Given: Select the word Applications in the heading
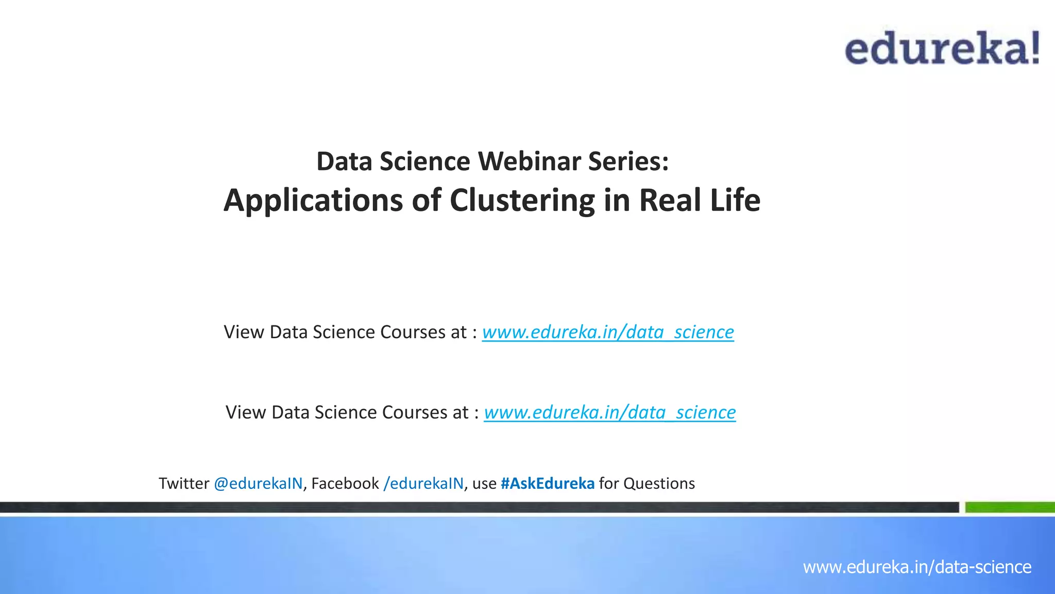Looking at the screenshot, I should [x=313, y=201].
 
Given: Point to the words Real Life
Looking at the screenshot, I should [x=700, y=200].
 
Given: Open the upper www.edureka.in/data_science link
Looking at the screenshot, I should [x=608, y=332].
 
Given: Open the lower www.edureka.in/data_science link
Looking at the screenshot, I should [x=610, y=412].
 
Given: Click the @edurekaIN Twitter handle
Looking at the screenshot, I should [x=258, y=484].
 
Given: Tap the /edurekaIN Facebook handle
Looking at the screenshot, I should [x=423, y=484].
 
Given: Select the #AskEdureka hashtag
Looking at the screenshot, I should [x=547, y=484].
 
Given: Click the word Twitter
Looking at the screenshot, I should [x=184, y=484].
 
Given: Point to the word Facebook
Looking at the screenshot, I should [x=345, y=484].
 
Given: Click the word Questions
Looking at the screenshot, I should [x=659, y=484].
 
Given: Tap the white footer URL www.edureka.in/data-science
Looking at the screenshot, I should [x=917, y=567].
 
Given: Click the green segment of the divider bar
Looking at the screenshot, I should [x=1010, y=507].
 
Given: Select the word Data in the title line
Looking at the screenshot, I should [x=344, y=161].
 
